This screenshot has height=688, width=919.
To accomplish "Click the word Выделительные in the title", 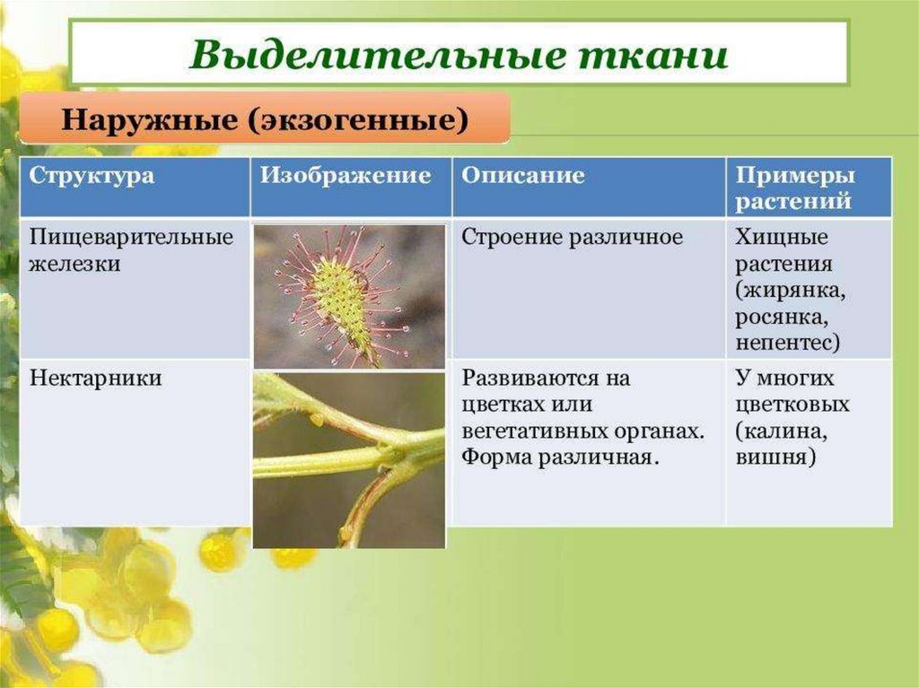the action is tap(377, 55).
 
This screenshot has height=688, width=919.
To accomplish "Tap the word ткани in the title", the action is tap(653, 56).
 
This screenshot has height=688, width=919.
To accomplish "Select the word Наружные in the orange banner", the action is tap(150, 120).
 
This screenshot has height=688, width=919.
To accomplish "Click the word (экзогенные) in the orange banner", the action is tap(357, 121).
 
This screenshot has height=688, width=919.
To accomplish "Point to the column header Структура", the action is tap(92, 176).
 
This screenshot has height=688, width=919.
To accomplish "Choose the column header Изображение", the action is tap(346, 175).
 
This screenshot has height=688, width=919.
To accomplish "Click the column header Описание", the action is tap(523, 175).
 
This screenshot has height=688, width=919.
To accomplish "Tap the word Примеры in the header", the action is tap(795, 175).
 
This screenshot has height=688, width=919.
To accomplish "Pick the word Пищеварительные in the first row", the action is tap(131, 238).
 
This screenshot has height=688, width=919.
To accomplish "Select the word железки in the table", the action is tap(75, 264).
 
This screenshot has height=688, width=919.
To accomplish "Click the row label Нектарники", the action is tap(95, 378).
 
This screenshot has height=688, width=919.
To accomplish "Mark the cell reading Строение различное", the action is tap(572, 238).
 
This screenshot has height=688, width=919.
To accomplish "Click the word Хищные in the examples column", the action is tap(782, 237).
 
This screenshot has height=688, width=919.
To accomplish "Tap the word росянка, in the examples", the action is tap(782, 317).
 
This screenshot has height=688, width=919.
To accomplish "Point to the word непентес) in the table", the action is tap(788, 343).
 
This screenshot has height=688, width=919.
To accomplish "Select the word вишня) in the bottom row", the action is tap(775, 457).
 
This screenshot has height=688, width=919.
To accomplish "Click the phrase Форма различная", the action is tap(561, 457).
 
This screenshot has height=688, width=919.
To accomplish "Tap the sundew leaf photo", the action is tap(349, 297).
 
